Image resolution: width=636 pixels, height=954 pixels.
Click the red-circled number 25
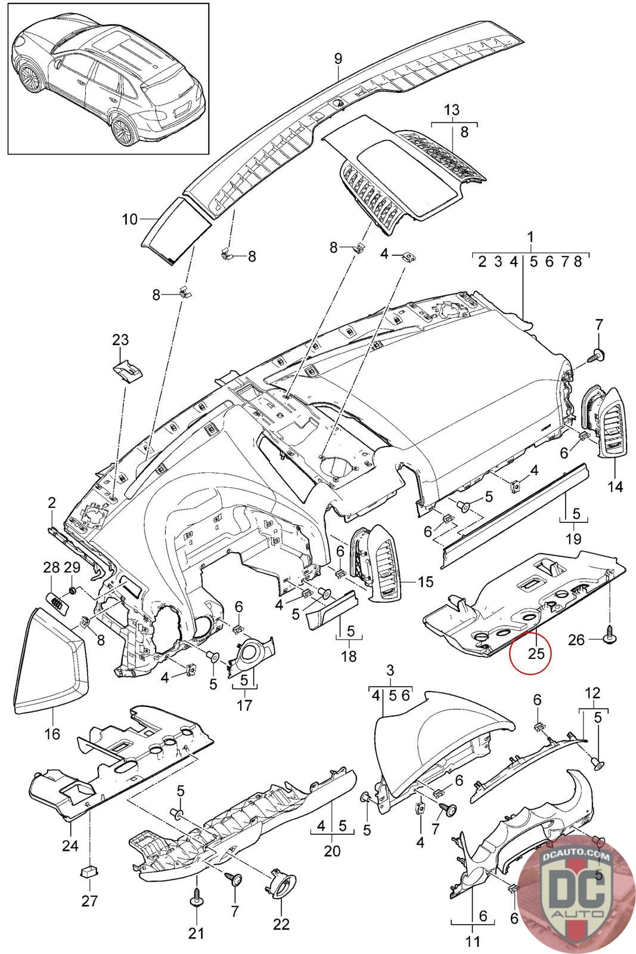tap(536, 653)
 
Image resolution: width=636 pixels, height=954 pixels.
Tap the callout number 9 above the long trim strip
tap(338, 59)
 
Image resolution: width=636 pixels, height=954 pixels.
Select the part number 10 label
tap(131, 219)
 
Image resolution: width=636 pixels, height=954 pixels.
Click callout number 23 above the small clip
tap(120, 340)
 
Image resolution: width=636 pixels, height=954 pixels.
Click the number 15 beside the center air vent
tap(425, 581)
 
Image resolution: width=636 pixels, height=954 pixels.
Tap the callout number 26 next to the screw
tap(576, 640)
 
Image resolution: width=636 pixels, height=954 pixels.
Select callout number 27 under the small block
tap(89, 901)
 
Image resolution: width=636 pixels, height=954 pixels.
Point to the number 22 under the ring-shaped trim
tap(281, 924)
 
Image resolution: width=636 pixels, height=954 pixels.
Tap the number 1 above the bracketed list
tap(530, 237)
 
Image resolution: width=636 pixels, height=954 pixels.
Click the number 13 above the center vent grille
tap(452, 110)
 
